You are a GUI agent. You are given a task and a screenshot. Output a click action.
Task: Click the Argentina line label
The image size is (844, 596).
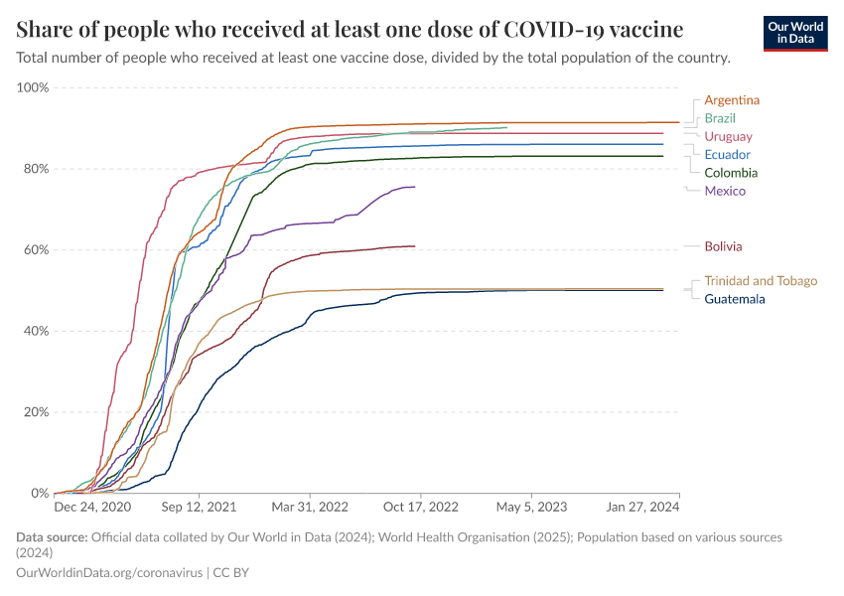coord(732,100)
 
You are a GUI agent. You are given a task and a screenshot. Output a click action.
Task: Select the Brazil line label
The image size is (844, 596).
coord(720,118)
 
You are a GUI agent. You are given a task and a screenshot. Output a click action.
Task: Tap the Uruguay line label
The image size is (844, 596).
coord(728,136)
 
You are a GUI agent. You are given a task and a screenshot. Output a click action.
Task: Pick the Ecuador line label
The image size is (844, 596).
coord(727,155)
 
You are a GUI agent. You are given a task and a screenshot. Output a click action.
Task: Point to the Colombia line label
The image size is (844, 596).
coord(731,173)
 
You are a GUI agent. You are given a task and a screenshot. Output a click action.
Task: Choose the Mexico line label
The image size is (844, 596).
coord(725,191)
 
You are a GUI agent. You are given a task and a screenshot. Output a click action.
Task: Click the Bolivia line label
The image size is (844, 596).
coord(723,246)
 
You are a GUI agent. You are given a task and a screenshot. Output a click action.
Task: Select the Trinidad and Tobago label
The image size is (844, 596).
coord(761,281)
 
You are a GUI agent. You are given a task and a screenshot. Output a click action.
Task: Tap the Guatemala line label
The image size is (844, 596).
coord(735,299)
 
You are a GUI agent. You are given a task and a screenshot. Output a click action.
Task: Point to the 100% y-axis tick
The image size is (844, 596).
coord(33,87)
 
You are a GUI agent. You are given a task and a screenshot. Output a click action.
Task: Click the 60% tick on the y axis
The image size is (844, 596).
coord(36,249)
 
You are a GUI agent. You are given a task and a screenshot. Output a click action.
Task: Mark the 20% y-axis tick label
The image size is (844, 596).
coord(36,412)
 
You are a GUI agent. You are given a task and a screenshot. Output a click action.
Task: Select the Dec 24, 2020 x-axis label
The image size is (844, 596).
coord(92,507)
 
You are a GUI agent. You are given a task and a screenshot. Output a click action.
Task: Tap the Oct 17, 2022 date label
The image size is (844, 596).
coord(422,507)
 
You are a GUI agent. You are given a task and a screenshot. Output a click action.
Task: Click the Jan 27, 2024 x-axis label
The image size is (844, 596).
coord(643,507)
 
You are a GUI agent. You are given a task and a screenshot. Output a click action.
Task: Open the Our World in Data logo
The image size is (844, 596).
coord(794,33)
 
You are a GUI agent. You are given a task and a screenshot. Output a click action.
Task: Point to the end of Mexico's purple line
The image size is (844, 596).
coord(414,187)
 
